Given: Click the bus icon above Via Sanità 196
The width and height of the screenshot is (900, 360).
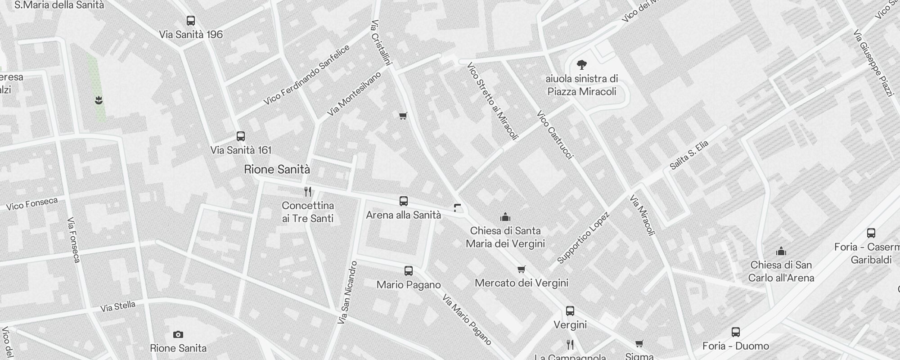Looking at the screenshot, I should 191,21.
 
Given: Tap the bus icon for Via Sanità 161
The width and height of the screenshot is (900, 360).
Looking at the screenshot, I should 241,136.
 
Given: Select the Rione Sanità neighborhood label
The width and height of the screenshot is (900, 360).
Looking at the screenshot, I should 277,170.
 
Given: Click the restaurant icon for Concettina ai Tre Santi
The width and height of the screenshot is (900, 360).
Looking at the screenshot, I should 308,192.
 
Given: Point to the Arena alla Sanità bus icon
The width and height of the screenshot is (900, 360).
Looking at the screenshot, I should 404,201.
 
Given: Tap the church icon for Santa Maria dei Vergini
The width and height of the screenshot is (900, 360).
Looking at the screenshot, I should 505,217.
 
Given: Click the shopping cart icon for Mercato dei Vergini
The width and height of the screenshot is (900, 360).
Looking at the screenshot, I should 521,270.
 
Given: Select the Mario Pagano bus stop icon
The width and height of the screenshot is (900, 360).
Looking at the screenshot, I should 409,271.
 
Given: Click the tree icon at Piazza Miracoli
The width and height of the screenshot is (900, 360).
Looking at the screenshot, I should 581,65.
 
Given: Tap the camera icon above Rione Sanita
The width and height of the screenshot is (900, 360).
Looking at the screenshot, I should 178,334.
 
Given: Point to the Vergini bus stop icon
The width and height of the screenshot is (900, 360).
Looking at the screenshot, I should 570,311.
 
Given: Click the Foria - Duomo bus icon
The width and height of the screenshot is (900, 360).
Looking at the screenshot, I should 736,332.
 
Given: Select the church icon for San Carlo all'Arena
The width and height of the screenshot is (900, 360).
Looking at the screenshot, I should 781,251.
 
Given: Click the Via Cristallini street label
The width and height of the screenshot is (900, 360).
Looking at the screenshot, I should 381,42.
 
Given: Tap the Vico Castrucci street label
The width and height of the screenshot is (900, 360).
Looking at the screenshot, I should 555,135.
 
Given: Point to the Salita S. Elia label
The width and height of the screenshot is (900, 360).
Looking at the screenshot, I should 689,155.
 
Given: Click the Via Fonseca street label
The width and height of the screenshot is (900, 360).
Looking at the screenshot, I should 73,240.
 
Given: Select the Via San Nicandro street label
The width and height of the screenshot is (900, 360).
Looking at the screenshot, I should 347,292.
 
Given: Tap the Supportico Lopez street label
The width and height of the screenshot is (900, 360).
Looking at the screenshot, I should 583,237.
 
